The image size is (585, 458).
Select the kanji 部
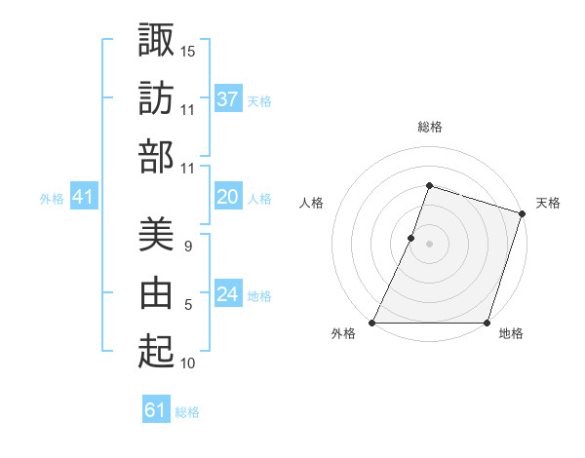[x=156, y=156]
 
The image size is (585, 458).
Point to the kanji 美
[x=156, y=234]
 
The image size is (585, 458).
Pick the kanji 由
[x=156, y=292]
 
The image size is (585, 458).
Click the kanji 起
[x=156, y=351]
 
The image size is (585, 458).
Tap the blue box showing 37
[x=228, y=98]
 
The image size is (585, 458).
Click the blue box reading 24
[x=228, y=294]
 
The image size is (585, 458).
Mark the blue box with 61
[x=156, y=410]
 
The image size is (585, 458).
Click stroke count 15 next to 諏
[x=188, y=50]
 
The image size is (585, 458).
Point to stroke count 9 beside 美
[x=187, y=247]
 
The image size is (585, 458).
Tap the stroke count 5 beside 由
[x=187, y=305]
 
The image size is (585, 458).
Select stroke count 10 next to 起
[x=188, y=363]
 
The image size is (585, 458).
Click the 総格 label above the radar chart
[x=430, y=127]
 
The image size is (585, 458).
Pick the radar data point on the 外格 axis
[x=372, y=323]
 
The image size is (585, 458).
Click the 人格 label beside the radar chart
[x=312, y=203]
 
